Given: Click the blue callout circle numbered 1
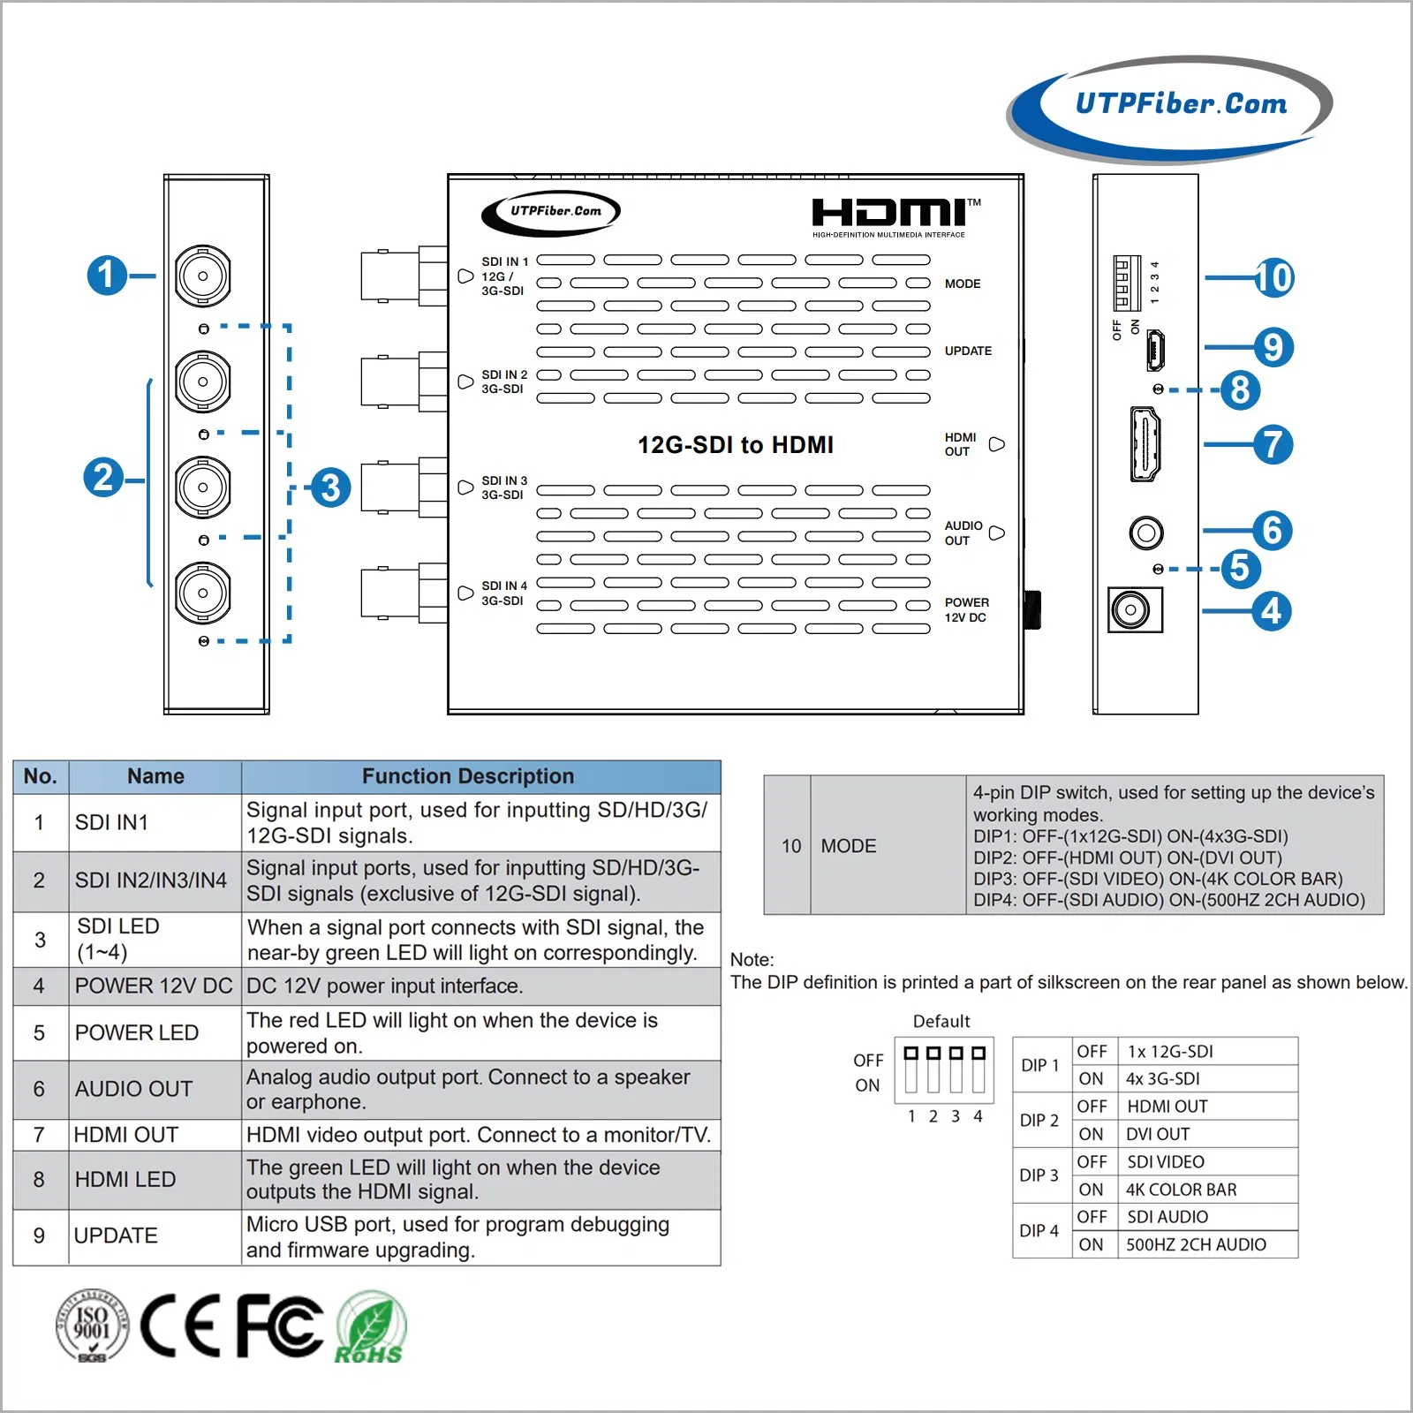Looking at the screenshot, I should point(107,276).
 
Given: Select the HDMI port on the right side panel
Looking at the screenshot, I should point(1145,444).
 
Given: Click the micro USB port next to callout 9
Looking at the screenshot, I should point(1155,350).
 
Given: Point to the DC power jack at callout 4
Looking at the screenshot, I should point(1134,609).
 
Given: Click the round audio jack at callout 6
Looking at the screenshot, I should point(1146,533).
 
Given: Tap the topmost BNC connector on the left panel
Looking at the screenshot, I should point(203,276).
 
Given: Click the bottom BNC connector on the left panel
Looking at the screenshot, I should point(203,593).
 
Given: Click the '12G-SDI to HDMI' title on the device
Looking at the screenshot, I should point(736,444).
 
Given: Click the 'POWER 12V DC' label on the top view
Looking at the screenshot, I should point(966,609).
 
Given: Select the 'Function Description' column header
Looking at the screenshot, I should point(468,776).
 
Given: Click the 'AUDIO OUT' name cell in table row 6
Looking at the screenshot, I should point(134,1089).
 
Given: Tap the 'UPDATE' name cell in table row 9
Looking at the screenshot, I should point(116,1235).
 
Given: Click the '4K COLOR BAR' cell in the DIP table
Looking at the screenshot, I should point(1181,1190).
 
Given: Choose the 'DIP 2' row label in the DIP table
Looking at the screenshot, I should point(1039,1120).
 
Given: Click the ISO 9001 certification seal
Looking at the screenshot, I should point(92,1325).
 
